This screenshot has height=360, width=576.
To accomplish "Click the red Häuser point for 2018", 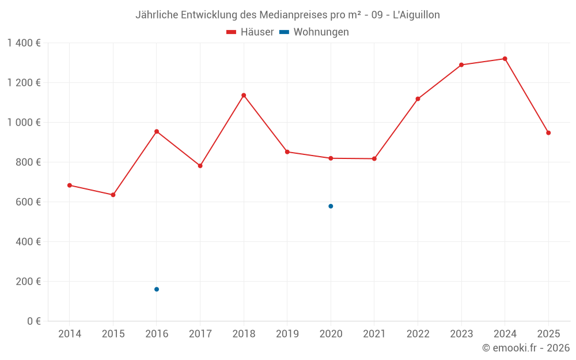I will [244, 95].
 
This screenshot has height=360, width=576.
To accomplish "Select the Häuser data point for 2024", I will [505, 59].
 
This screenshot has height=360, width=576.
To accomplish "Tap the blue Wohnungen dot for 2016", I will [157, 289].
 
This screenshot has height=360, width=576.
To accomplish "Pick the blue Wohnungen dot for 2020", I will [331, 206].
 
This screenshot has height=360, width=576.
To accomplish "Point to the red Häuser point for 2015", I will [113, 195].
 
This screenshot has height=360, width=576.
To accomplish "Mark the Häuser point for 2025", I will [548, 133].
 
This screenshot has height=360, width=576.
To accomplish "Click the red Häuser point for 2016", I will [157, 131].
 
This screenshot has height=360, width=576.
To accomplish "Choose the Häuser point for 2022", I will [418, 99].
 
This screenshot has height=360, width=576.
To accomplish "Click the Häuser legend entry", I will [250, 32].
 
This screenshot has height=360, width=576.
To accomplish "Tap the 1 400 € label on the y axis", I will [24, 43].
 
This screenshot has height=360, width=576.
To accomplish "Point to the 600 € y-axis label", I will [28, 202].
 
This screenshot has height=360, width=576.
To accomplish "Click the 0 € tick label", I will [33, 321].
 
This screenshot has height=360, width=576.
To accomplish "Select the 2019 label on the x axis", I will [287, 334].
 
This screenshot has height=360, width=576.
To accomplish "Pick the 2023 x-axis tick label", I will [461, 334].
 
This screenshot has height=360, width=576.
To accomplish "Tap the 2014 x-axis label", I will [70, 334].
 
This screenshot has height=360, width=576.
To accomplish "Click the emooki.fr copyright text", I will [525, 348].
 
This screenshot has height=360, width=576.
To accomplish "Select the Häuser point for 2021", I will [374, 158].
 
